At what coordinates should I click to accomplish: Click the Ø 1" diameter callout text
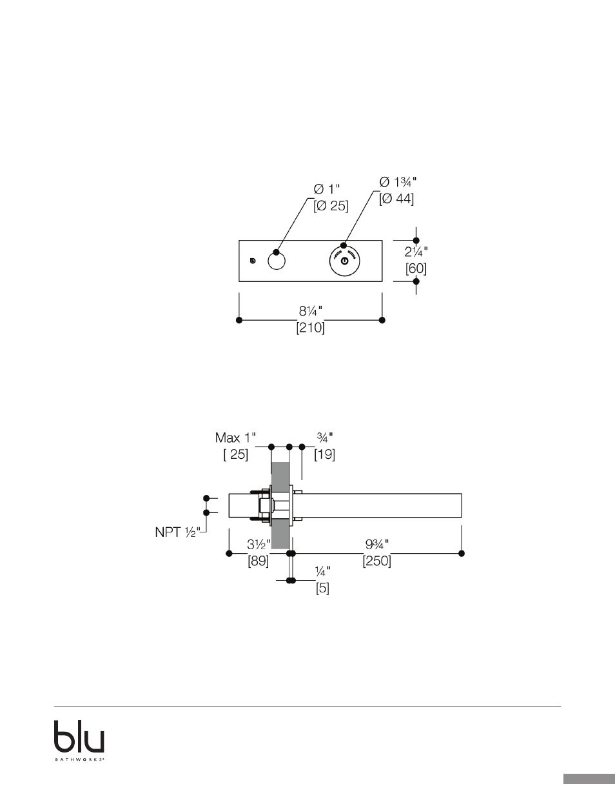[x=327, y=189]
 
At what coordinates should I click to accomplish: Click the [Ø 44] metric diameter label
[x=396, y=199]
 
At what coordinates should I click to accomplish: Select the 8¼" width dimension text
[x=311, y=311]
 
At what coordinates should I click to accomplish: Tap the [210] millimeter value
[x=311, y=328]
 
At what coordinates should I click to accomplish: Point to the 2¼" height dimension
[x=416, y=252]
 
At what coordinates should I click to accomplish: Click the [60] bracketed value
[x=416, y=268]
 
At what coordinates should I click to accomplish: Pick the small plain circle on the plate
[x=277, y=261]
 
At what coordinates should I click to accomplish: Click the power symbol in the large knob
[x=344, y=261]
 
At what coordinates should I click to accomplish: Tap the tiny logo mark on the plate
[x=252, y=261]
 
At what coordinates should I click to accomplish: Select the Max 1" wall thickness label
[x=235, y=438]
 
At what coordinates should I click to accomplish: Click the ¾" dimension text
[x=325, y=437]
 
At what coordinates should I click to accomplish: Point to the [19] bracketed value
[x=325, y=454]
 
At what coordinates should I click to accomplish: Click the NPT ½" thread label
[x=178, y=532]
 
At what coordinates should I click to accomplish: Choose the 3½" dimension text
[x=259, y=545]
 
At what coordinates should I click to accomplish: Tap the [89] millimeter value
[x=259, y=561]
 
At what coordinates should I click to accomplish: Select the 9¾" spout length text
[x=377, y=545]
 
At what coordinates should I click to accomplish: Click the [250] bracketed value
[x=377, y=561]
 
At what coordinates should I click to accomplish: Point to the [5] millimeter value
[x=323, y=589]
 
